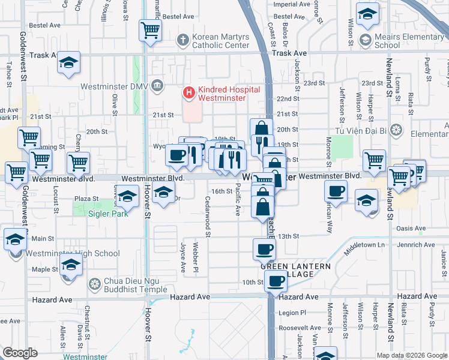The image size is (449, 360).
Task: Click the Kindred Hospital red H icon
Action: coord(188,92)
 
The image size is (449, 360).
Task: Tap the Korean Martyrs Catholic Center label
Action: coord(220,41)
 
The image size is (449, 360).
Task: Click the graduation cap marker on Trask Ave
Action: coord(69,62)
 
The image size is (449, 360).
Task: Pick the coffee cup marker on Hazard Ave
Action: coord(276,281)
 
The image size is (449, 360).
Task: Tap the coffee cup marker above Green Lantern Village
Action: coord(264,248)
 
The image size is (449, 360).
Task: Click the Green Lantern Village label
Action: coord(294,270)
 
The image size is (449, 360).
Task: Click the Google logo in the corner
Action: coord(20,353)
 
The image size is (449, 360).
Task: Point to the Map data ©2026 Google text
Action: coord(412,355)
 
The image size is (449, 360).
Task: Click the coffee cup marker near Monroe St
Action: coord(336,191)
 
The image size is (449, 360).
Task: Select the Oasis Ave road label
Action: coord(411,228)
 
